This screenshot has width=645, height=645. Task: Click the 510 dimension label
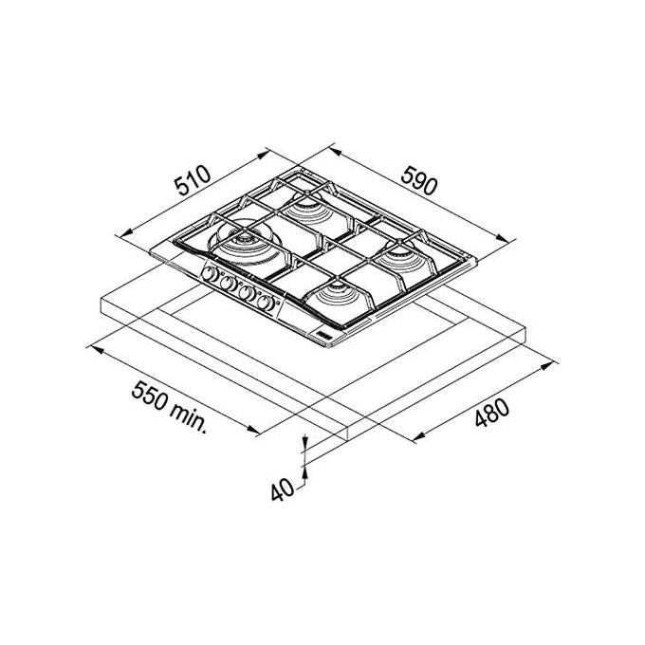click(x=193, y=180)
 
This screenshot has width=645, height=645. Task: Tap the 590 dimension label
click(x=418, y=180)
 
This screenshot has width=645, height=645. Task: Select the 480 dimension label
click(x=492, y=413)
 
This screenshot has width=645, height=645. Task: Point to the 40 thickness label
click(x=283, y=490)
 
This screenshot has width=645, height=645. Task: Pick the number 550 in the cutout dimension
click(x=150, y=395)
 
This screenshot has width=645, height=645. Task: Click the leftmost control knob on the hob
click(x=211, y=273)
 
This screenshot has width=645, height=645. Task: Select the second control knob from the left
click(x=228, y=283)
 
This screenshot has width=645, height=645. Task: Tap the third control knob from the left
click(x=247, y=293)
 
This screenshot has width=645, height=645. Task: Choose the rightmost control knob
click(x=265, y=303)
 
